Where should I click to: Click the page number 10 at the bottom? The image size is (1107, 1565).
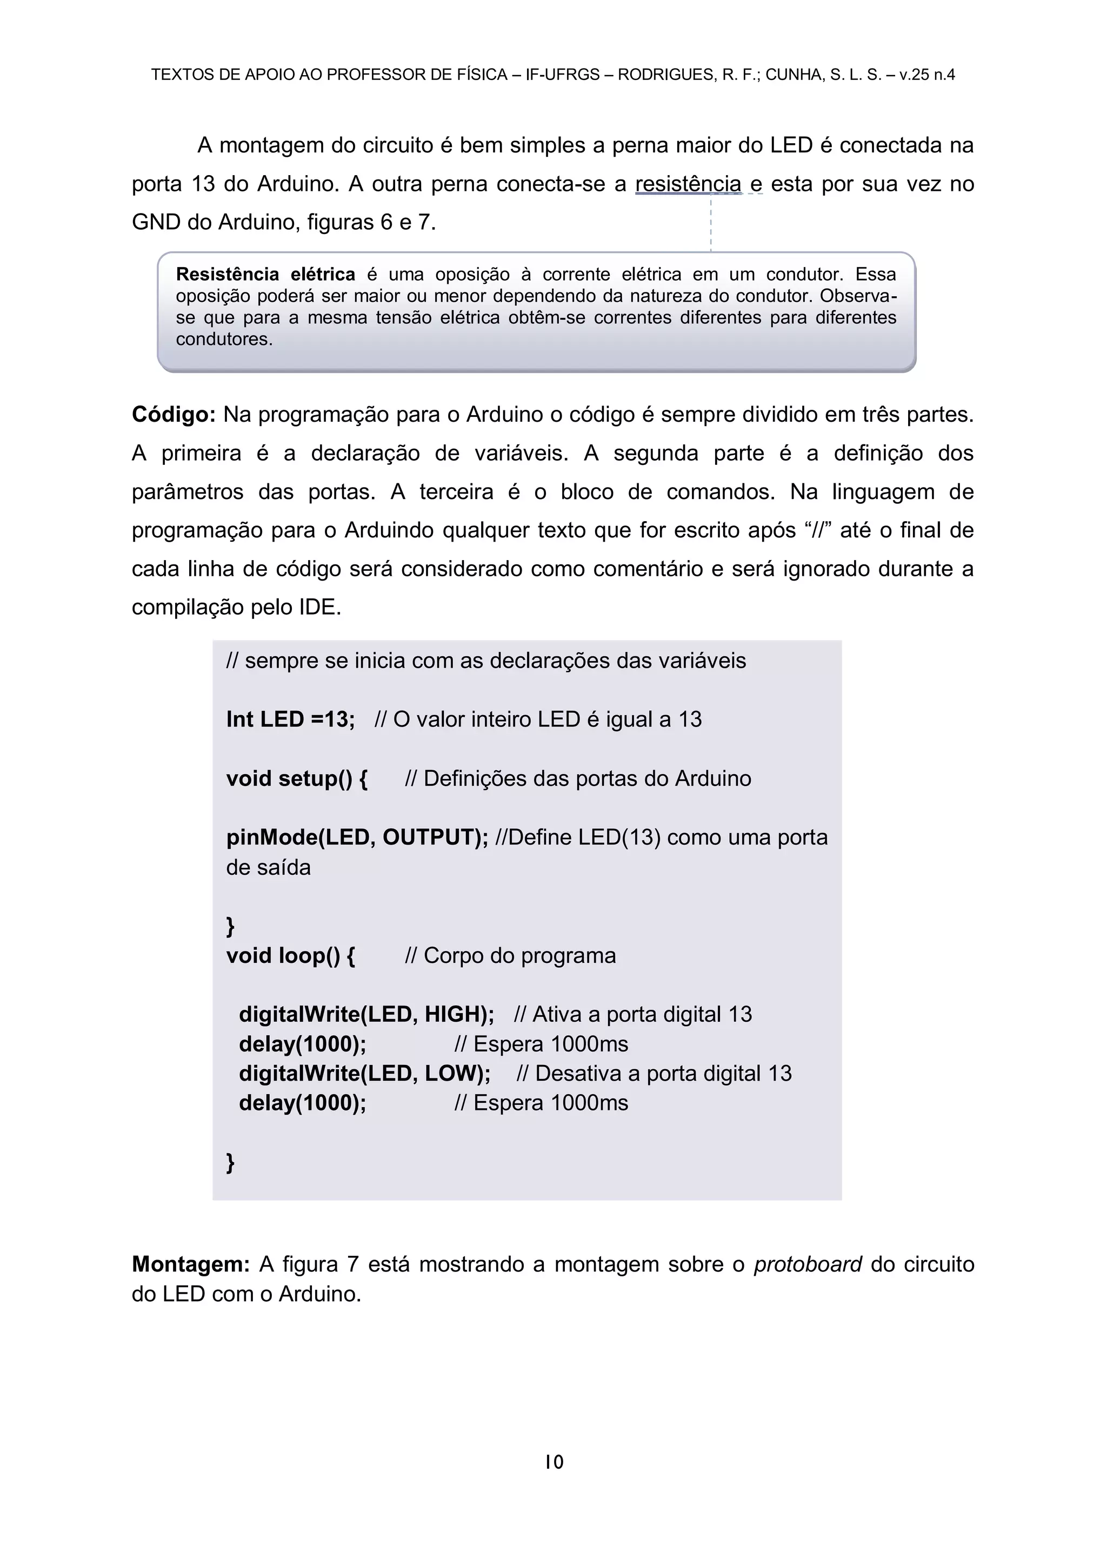coord(554,1461)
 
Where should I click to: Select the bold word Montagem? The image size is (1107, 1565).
coord(191,1264)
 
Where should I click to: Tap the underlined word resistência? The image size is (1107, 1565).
coord(688,184)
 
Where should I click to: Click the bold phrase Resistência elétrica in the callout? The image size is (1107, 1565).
coord(265,275)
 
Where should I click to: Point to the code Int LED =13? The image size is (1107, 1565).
coord(290,719)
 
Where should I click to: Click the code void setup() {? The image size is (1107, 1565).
coord(297,778)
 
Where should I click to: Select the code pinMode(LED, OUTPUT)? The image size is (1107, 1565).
coord(357,837)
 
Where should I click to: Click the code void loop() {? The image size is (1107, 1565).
coord(290,956)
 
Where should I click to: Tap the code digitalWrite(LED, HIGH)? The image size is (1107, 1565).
coord(366,1014)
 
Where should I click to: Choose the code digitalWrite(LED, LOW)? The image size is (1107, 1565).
coord(364,1074)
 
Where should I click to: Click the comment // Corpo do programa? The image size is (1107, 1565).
coord(510,956)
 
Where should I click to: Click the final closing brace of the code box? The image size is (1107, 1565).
coord(230,1162)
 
